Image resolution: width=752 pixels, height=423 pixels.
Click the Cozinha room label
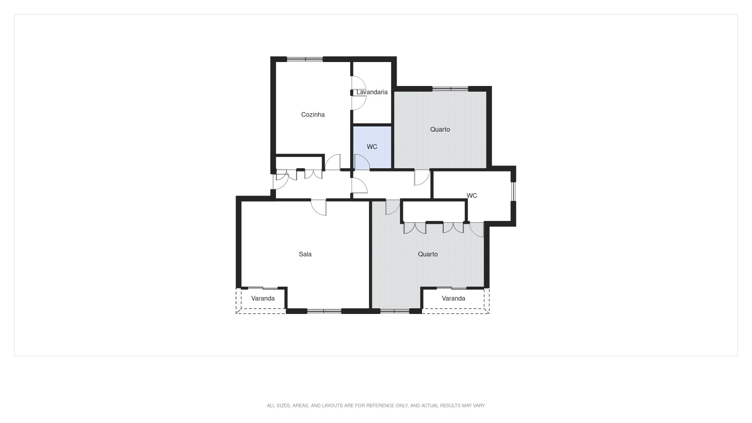pyautogui.click(x=313, y=115)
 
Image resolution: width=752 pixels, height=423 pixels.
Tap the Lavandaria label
pyautogui.click(x=372, y=92)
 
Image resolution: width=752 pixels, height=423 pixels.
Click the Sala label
pyautogui.click(x=305, y=254)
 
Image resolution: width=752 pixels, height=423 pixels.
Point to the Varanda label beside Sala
pyautogui.click(x=263, y=298)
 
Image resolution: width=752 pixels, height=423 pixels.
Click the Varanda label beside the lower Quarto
pyautogui.click(x=454, y=298)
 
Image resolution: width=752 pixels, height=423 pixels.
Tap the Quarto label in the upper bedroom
pyautogui.click(x=440, y=129)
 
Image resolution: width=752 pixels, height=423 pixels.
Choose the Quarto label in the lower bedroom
pyautogui.click(x=428, y=254)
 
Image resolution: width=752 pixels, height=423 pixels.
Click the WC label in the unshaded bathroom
pyautogui.click(x=472, y=196)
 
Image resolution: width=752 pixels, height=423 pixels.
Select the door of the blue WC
pyautogui.click(x=361, y=162)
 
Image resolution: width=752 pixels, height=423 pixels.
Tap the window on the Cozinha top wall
pyautogui.click(x=305, y=59)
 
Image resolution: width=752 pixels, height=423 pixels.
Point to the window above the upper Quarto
pyautogui.click(x=450, y=88)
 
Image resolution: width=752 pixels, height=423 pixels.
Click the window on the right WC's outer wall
pyautogui.click(x=513, y=191)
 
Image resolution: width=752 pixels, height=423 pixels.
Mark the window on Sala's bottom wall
pyautogui.click(x=324, y=311)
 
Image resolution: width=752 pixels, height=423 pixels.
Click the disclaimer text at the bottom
pyautogui.click(x=376, y=406)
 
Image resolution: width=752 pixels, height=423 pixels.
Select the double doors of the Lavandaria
pyautogui.click(x=358, y=93)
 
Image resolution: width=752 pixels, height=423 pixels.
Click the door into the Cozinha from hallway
pyautogui.click(x=333, y=163)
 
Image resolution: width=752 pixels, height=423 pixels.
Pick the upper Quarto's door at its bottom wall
pyautogui.click(x=422, y=177)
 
